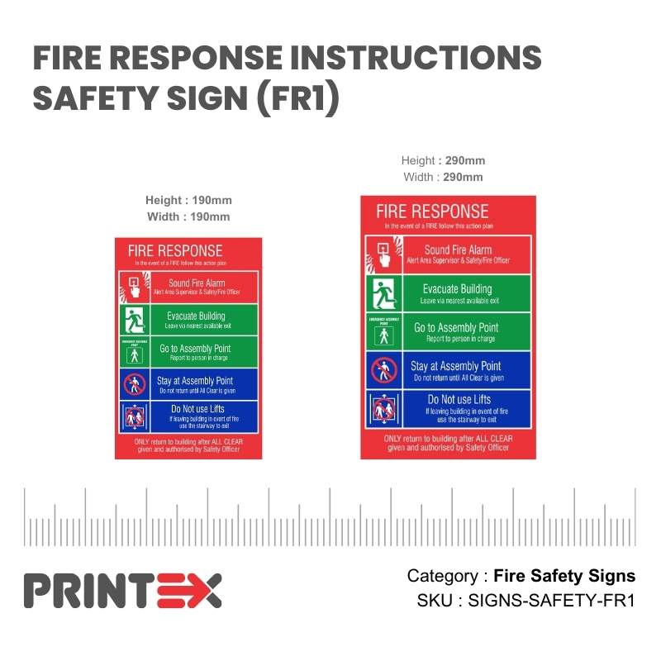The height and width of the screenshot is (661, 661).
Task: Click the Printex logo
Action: coord(122,590)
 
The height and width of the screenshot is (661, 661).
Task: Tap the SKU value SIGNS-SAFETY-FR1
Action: coord(551,601)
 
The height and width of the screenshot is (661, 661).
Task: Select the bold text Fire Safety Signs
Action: coord(564,576)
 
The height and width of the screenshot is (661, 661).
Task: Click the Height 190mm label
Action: coord(188,201)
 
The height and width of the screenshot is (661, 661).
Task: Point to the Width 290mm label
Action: coord(444,177)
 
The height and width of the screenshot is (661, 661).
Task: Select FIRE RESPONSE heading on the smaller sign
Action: coord(174,250)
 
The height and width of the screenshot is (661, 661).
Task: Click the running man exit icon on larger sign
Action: coord(383,293)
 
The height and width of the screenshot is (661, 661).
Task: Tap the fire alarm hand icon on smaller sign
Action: coord(134,286)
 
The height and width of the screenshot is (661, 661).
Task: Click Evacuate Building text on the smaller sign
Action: coord(196,316)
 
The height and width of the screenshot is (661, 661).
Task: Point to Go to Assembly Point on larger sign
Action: coord(456,328)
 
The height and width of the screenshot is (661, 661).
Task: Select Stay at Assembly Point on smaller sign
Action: coord(195,381)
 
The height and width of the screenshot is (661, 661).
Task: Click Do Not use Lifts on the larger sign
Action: coord(459,400)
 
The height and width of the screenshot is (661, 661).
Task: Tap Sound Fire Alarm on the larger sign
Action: coord(458,250)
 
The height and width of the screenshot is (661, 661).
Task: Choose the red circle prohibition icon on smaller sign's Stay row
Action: coord(134,385)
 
